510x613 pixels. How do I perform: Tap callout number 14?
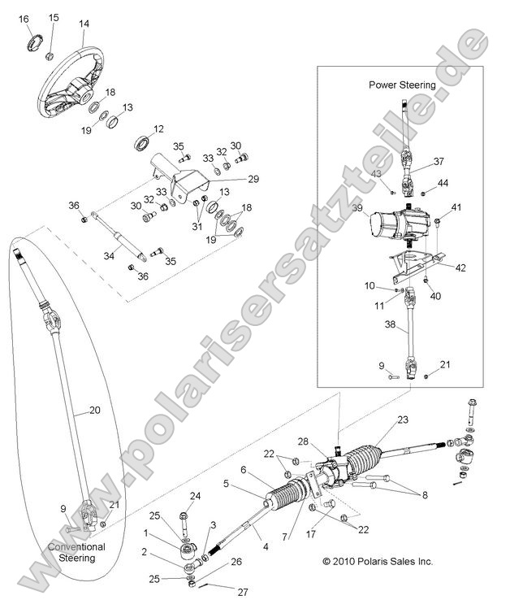(84, 24)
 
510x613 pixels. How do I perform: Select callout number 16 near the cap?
(24, 19)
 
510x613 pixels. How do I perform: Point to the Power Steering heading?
(402, 85)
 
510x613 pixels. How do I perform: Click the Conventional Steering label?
(76, 553)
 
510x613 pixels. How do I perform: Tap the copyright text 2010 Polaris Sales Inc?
(378, 561)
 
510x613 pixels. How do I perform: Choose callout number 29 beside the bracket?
(253, 179)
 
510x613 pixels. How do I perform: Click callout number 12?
(158, 128)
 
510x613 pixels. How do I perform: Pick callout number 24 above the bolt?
(195, 495)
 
